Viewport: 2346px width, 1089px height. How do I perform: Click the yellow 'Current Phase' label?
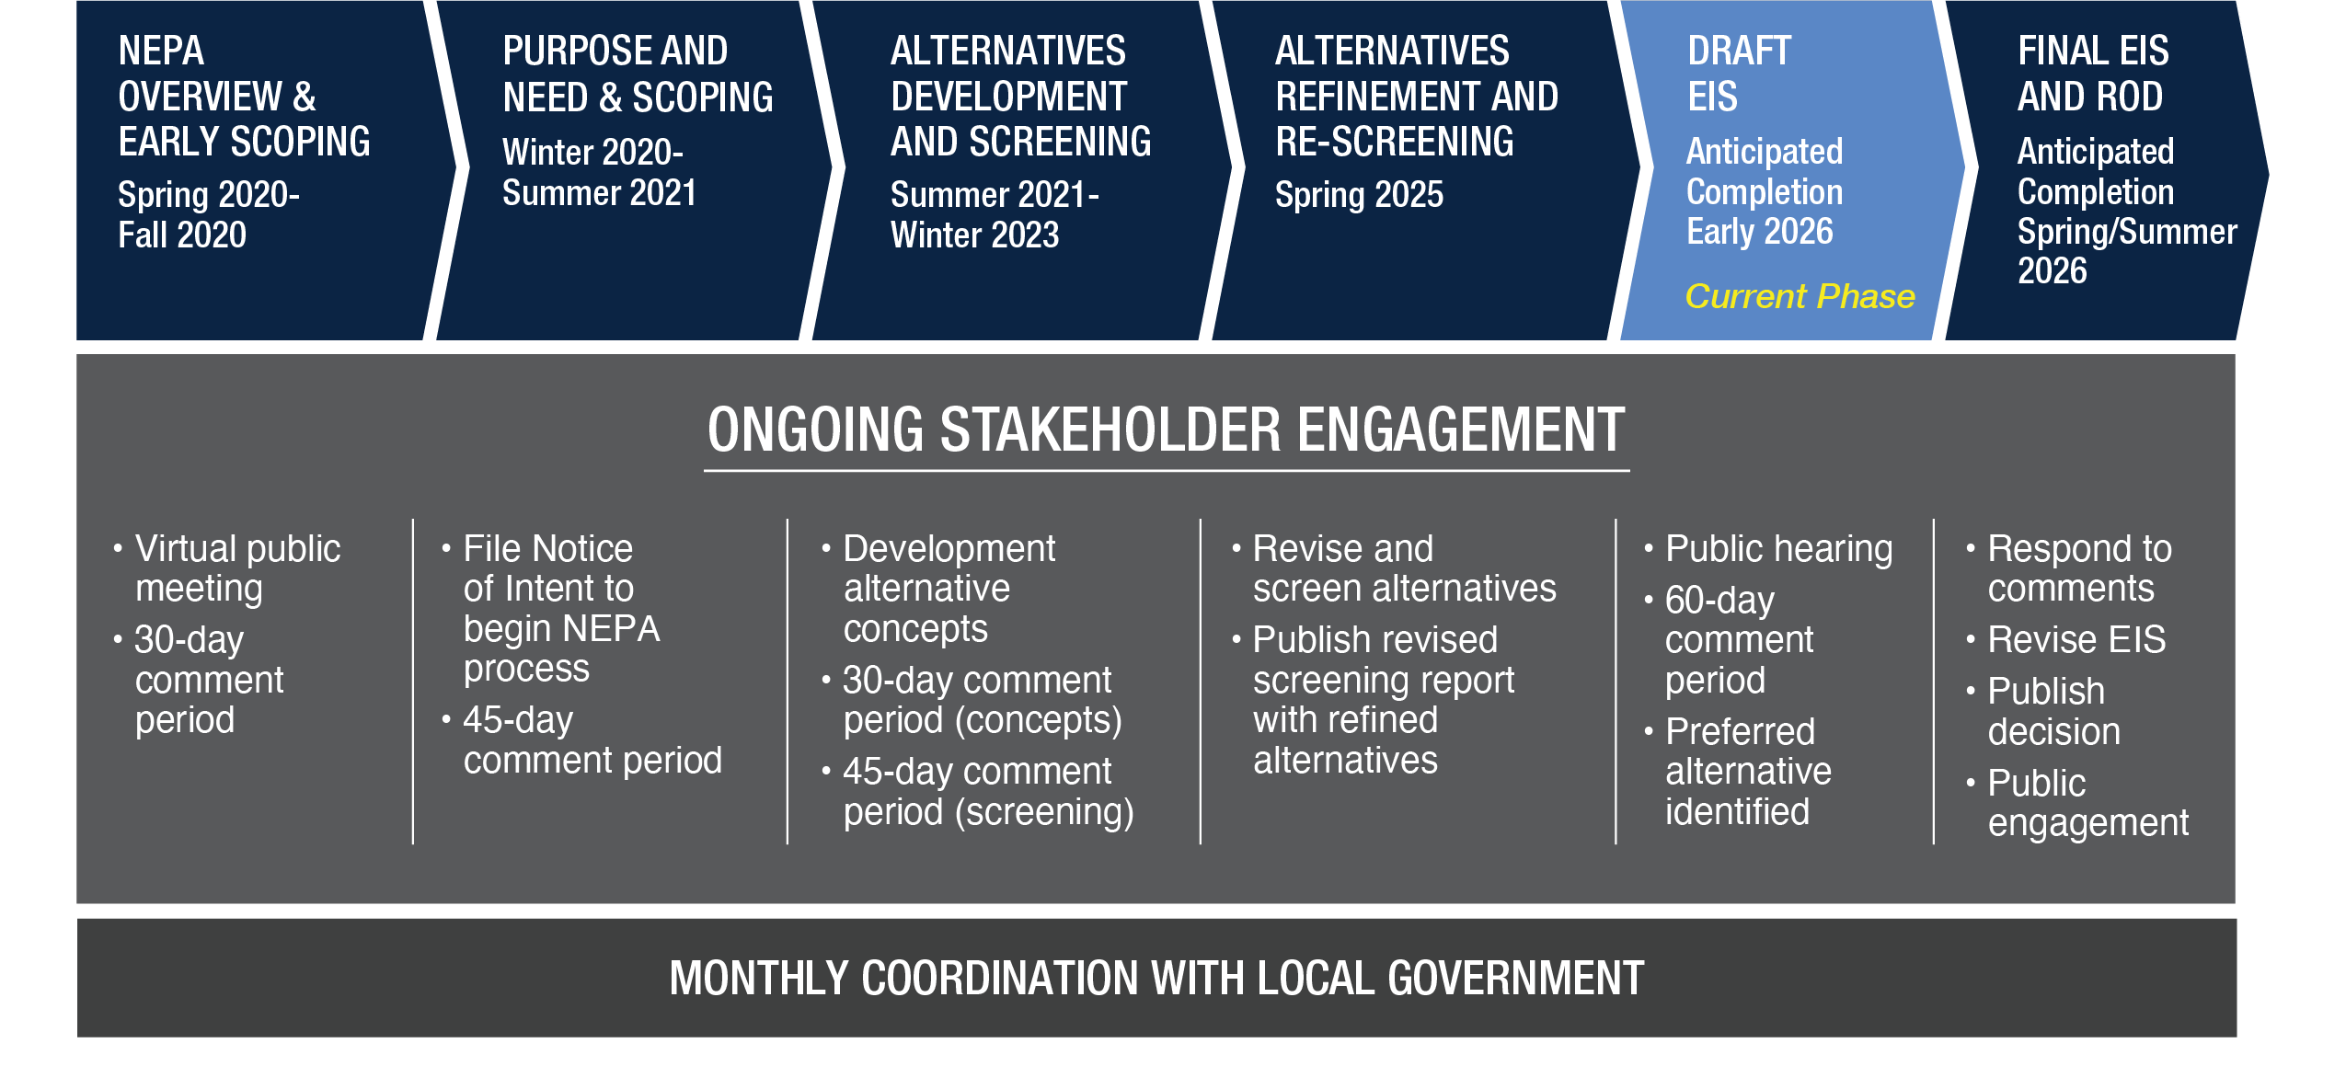pyautogui.click(x=1800, y=296)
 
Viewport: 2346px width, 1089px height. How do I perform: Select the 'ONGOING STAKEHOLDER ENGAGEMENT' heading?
pyautogui.click(x=1166, y=430)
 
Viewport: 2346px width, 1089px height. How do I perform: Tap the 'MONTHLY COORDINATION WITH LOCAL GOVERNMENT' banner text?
pyautogui.click(x=1156, y=978)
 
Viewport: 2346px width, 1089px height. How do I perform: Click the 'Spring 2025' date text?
pyautogui.click(x=1359, y=195)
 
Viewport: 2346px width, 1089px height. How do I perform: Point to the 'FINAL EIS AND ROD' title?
pyautogui.click(x=2093, y=74)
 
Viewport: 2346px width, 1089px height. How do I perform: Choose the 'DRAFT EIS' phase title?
pyautogui.click(x=1739, y=74)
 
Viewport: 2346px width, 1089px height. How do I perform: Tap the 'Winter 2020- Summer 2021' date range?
pyautogui.click(x=599, y=173)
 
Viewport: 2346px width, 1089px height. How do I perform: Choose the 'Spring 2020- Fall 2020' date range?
pyautogui.click(x=209, y=214)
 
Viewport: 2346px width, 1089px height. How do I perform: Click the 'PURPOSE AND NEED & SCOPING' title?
pyautogui.click(x=638, y=74)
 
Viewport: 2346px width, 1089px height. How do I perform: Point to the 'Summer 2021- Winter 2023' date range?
pyautogui.click(x=995, y=214)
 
